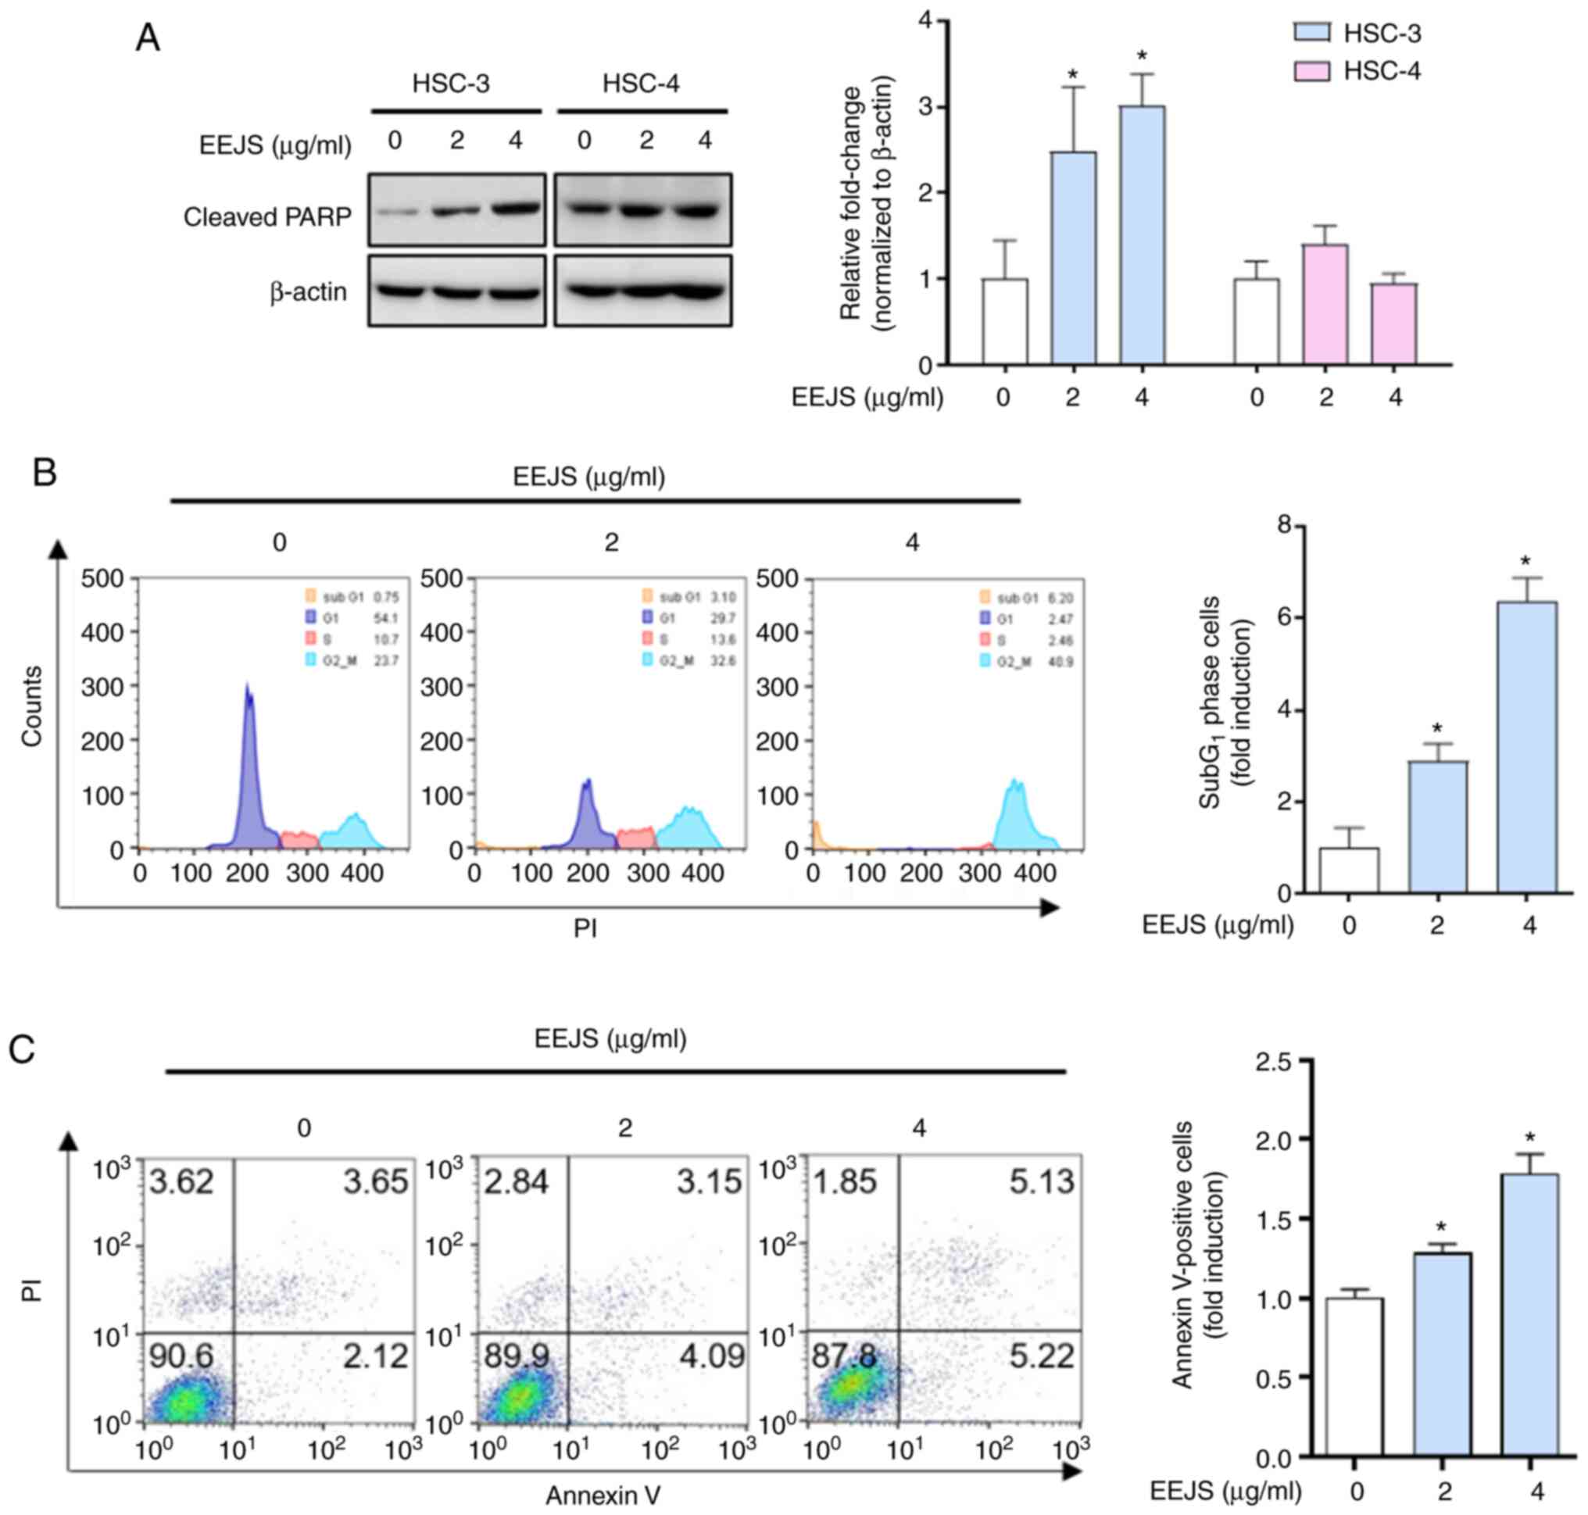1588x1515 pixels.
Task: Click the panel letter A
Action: tap(147, 38)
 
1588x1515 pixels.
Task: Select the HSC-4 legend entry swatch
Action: tap(1313, 71)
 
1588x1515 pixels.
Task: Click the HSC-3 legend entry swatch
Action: tap(1313, 32)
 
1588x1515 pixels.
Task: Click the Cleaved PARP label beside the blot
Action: tap(267, 216)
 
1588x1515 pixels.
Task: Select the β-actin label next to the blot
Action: tap(308, 291)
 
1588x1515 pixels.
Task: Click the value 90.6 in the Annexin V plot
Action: tap(182, 1356)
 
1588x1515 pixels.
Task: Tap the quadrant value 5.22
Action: tap(1041, 1356)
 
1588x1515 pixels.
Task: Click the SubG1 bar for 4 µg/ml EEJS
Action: tap(1526, 747)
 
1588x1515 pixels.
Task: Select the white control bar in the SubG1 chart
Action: tap(1349, 870)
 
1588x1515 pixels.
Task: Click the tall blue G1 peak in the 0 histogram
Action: tap(249, 767)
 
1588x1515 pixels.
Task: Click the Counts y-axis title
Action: tap(31, 706)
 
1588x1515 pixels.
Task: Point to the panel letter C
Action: tap(21, 1049)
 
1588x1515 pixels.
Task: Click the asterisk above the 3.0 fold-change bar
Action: tap(1141, 55)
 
